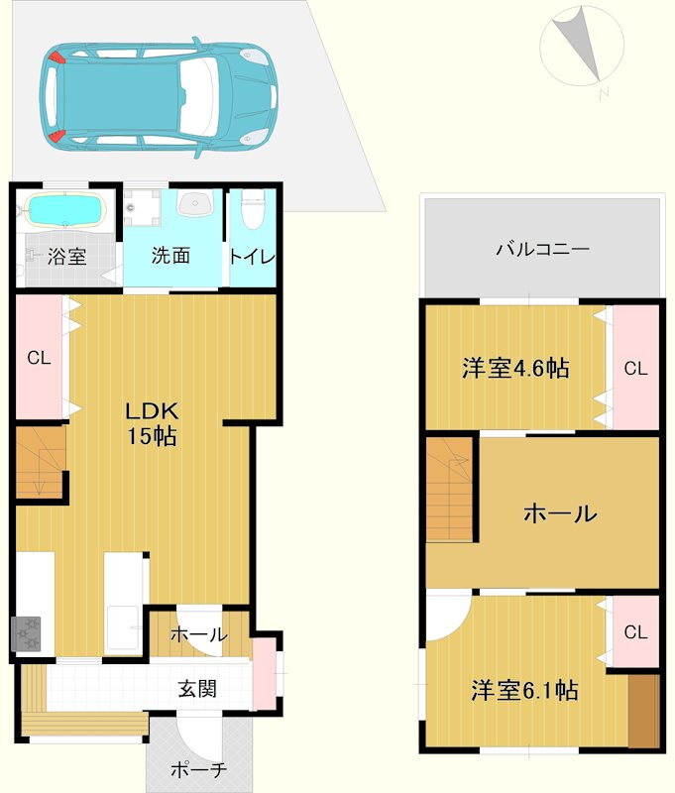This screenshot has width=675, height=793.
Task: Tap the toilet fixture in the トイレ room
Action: (253, 208)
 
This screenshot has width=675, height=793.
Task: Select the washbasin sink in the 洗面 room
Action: (195, 204)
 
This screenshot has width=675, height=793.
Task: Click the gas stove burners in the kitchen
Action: (26, 633)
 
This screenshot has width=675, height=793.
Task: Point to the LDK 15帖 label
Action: (152, 424)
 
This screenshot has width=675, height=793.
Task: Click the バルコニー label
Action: (542, 249)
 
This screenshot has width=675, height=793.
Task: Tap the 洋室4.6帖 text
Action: (515, 368)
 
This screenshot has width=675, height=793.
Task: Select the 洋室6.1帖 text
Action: (524, 690)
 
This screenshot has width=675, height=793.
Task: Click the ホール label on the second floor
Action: (560, 513)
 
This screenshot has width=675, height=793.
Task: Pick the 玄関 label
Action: (197, 688)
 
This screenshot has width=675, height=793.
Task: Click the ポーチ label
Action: (198, 770)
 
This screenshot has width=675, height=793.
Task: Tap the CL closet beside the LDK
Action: (40, 357)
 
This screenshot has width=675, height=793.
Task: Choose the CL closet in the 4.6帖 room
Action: (636, 368)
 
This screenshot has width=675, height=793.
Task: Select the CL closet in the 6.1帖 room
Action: (636, 631)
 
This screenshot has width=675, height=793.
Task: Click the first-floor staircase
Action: (41, 462)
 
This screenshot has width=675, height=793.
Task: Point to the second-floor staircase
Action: (449, 489)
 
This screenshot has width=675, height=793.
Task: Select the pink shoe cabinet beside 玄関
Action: (265, 673)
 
